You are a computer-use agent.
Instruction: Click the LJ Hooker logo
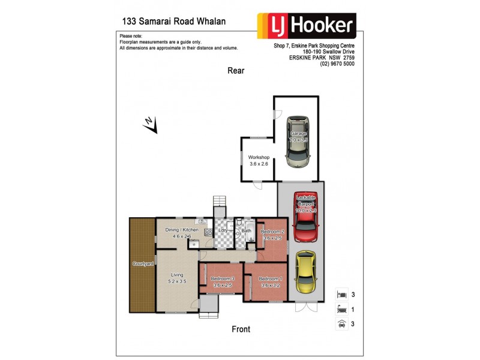pos(306,26)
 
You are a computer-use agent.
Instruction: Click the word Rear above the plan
pos(236,71)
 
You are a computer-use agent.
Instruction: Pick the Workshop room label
pos(259,157)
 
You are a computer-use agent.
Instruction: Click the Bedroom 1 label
pos(269,279)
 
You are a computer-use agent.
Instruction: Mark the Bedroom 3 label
pos(222,279)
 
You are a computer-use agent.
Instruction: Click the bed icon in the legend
pos(341,295)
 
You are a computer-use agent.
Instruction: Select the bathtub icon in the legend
pos(341,310)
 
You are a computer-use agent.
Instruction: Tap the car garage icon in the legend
pos(341,324)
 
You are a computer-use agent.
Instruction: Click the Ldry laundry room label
pos(223,230)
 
